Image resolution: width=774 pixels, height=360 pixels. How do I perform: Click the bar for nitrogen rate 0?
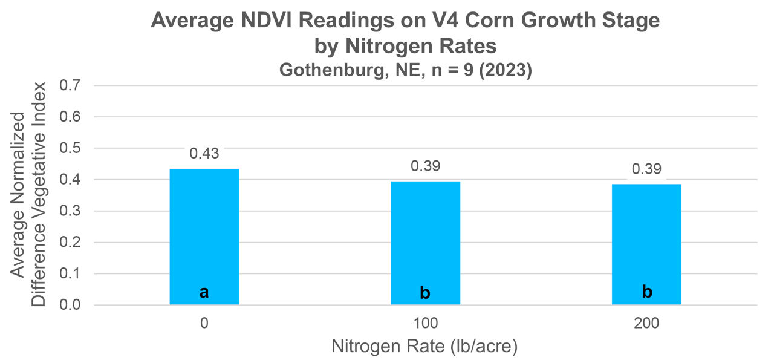pos(204,237)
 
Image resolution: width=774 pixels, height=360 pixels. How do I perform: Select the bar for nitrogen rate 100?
pos(425,243)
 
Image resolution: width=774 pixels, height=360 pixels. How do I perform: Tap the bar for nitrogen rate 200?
pos(646,244)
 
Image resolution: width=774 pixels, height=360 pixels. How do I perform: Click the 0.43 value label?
pos(204,154)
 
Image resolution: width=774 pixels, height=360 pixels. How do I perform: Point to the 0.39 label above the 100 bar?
pos(425,166)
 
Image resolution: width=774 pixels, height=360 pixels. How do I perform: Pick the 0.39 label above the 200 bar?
pos(646,168)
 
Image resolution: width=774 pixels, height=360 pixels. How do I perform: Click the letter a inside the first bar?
pos(204,292)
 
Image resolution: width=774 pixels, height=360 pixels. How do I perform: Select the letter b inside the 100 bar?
pos(425,293)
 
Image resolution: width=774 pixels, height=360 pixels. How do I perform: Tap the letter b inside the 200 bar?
pos(646,292)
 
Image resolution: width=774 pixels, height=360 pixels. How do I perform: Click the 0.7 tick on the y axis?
pos(71,85)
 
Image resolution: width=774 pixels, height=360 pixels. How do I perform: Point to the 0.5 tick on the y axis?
pos(71,148)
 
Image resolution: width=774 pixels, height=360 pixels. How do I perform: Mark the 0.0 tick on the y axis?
pos(71,305)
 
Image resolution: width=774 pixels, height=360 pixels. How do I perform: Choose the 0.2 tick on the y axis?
pos(71,243)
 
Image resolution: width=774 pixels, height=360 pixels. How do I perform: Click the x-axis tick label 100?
pos(425,324)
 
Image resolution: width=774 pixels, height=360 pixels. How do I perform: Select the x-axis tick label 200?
pos(646,324)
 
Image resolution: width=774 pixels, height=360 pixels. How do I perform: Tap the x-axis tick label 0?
pos(204,324)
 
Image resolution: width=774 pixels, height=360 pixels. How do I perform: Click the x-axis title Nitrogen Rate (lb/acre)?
pos(425,347)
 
